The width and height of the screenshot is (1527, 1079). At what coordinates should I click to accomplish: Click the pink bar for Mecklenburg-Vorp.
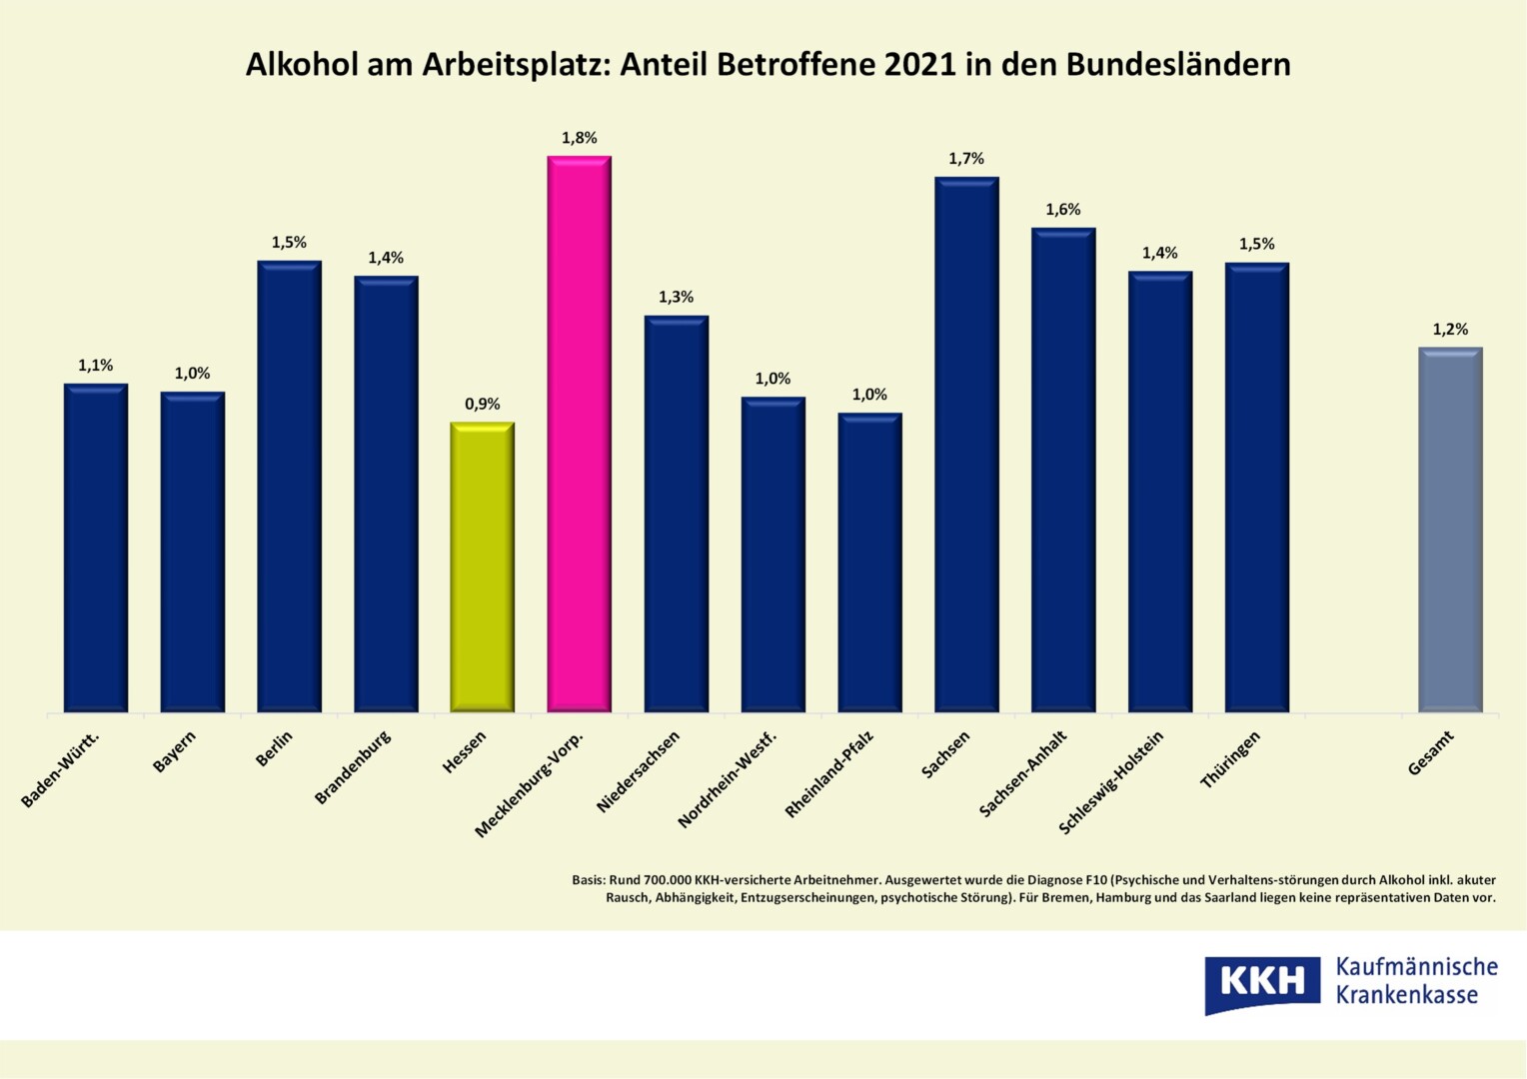[579, 434]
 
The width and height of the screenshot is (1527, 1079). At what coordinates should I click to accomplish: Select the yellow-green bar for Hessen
[482, 566]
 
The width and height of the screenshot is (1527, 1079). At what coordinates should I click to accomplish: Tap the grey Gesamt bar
[1449, 530]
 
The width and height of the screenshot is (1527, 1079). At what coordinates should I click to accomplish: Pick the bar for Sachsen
[966, 445]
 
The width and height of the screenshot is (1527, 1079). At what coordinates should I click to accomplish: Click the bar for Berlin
[289, 487]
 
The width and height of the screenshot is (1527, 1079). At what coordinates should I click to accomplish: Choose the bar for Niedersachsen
[676, 514]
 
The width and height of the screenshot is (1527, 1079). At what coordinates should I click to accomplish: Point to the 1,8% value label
[579, 138]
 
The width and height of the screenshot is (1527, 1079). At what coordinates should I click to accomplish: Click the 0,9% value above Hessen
[482, 404]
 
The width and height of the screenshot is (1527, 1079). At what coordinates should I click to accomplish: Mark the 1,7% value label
[966, 159]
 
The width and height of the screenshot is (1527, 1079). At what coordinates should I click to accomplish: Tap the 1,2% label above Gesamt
[1450, 330]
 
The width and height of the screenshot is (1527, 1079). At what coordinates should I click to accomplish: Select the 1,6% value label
[1063, 210]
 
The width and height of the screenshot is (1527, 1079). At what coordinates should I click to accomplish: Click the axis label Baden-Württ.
[61, 769]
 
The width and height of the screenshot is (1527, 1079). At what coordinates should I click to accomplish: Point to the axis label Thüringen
[1230, 759]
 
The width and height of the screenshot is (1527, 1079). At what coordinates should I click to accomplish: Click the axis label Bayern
[175, 751]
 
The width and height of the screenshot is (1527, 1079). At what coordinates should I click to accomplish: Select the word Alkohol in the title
[302, 64]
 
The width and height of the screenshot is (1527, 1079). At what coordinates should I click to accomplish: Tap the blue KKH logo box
[1262, 983]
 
